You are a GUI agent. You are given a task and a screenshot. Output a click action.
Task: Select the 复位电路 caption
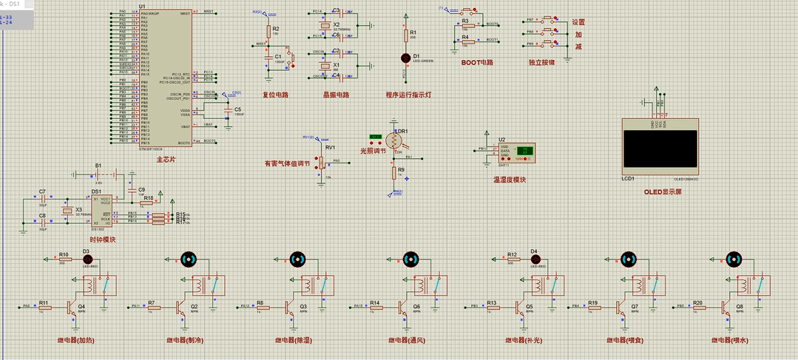275,95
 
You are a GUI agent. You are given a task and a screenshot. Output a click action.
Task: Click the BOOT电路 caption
476,62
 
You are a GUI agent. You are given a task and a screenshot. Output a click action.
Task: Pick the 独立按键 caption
541,62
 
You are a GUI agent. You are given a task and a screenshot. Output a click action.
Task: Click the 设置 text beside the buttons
578,22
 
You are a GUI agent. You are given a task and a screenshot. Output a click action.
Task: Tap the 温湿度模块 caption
510,179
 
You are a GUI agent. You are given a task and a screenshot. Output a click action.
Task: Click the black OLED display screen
660,152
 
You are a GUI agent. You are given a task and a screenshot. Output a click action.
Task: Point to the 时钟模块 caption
102,239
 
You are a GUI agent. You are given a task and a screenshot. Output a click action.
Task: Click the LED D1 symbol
405,57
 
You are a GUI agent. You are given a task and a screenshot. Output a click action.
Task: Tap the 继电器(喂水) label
731,340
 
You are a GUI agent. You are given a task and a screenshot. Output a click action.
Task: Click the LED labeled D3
86,259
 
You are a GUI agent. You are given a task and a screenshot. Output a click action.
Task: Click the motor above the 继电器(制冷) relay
189,259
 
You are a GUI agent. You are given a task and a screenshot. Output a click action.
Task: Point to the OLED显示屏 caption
663,192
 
